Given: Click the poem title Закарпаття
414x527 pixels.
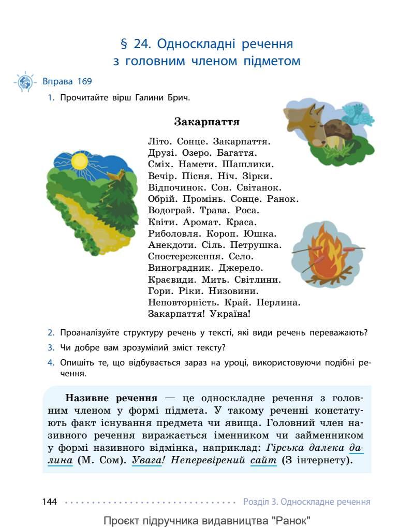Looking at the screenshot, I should (206, 122).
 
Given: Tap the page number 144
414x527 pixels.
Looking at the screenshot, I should (50, 502).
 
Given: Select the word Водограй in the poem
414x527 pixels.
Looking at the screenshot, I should (167, 211).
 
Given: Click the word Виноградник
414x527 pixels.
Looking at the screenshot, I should (176, 268).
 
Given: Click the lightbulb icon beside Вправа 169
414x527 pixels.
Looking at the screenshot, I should (25, 82).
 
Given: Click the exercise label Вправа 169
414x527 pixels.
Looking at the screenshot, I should (67, 81).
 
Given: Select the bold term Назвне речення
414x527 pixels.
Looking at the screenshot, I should (111, 399).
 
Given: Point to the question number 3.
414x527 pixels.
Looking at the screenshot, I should (51, 347).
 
